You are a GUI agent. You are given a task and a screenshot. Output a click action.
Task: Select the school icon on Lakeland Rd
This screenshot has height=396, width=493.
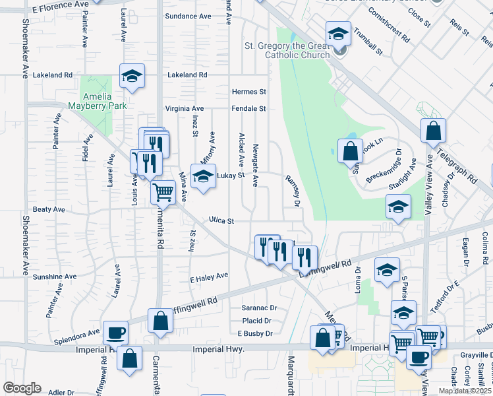(x=132, y=76)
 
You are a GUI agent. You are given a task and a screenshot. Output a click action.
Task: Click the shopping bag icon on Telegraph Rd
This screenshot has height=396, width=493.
(x=433, y=131)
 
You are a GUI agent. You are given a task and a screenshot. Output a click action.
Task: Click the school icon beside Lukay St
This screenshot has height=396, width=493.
(x=203, y=176)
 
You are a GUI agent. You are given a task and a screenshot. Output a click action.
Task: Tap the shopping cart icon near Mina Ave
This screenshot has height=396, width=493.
(x=163, y=193)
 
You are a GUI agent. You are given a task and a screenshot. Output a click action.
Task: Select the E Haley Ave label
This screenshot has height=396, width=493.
(x=208, y=275)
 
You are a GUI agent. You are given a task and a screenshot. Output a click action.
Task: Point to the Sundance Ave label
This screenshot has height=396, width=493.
(x=188, y=16)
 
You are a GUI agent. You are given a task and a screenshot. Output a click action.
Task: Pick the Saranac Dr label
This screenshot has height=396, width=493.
(x=258, y=308)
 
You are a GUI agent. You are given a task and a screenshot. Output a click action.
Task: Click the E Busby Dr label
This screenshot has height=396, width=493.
(x=255, y=334)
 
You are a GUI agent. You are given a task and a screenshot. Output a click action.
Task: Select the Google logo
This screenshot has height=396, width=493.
(x=22, y=388)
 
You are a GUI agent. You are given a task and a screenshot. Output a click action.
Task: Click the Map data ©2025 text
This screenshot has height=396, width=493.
(x=465, y=391)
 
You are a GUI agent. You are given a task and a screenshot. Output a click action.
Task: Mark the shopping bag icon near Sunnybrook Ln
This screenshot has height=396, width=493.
(x=349, y=151)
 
